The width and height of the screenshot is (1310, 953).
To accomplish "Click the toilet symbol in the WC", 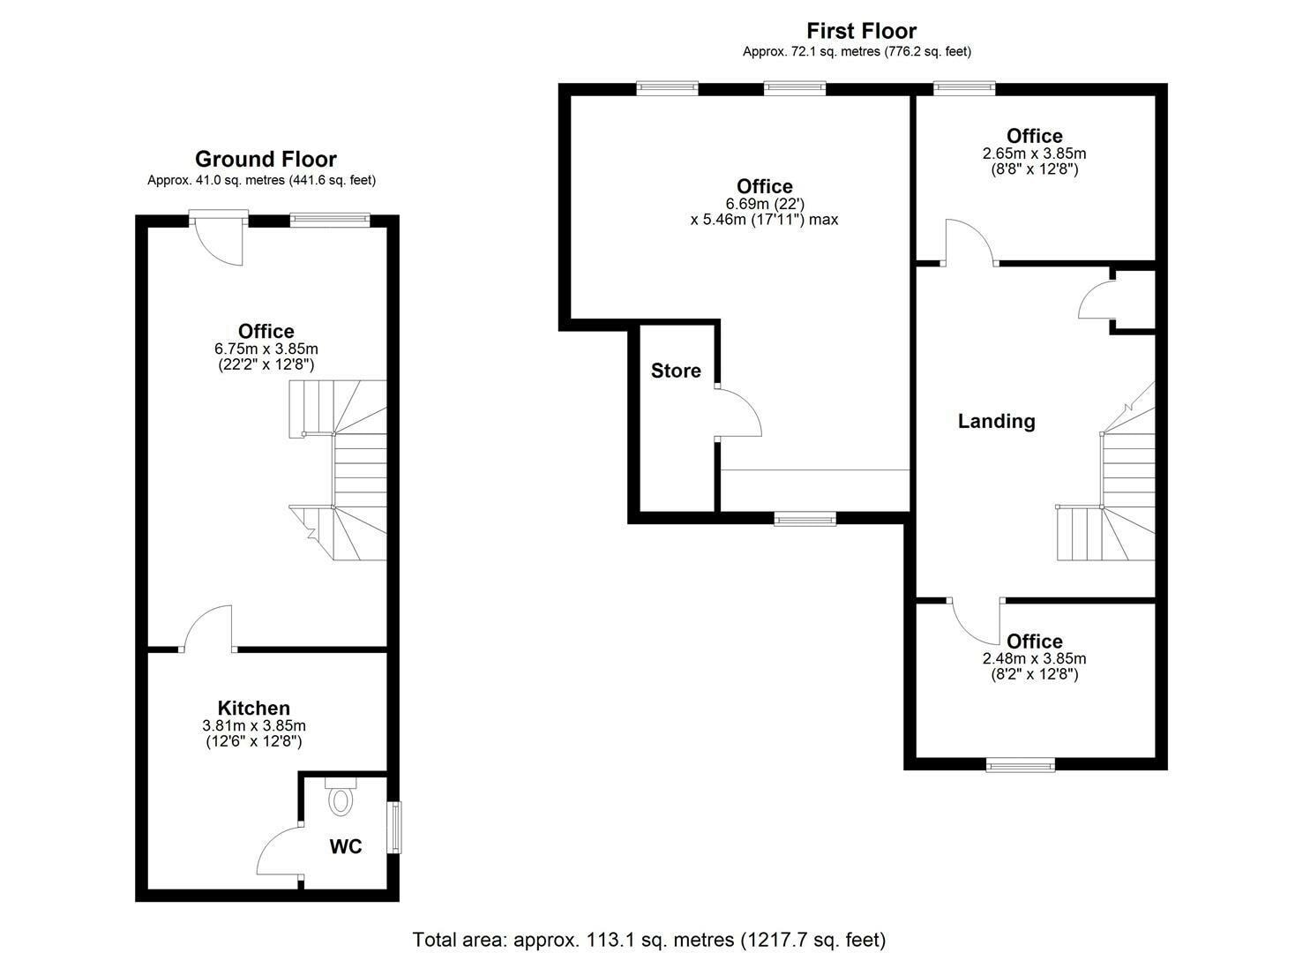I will click(340, 798).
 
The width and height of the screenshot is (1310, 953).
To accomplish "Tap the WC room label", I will click(346, 847).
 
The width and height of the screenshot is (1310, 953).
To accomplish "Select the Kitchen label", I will click(254, 708).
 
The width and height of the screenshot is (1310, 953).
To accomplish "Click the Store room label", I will click(676, 371).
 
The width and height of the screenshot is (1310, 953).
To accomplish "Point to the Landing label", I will click(996, 421).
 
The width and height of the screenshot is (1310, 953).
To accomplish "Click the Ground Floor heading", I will click(266, 159).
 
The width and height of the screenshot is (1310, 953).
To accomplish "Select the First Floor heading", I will click(861, 32).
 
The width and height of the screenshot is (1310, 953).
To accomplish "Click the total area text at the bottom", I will click(648, 939).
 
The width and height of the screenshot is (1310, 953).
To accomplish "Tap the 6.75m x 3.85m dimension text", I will click(266, 349).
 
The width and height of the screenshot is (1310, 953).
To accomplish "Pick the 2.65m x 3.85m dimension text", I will click(1034, 154).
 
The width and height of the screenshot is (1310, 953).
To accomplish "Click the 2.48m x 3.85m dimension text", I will click(1034, 658).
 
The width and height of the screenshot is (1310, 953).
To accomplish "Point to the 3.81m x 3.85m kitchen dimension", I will click(254, 725).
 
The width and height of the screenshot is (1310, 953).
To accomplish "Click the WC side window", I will click(396, 827).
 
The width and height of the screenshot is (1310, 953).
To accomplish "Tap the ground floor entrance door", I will click(218, 238).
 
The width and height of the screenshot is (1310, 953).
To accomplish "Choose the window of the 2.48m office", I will click(1020, 765).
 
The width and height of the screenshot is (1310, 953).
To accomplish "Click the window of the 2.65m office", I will click(964, 87).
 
